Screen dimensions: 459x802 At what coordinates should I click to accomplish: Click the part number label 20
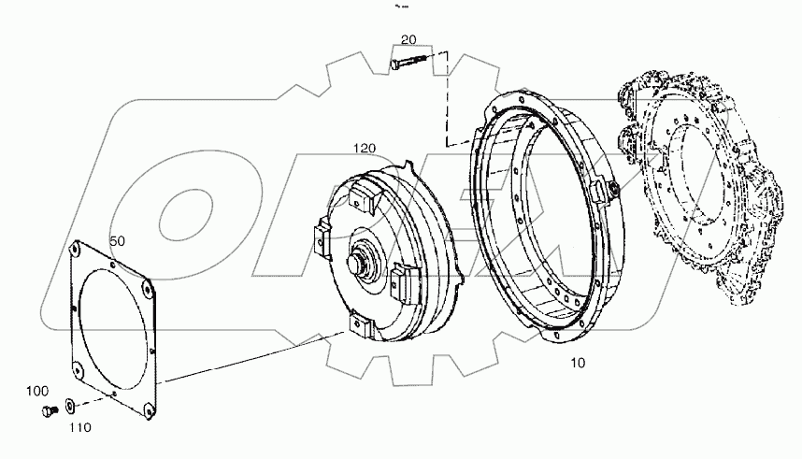408,39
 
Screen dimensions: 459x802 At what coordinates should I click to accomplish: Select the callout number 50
118,241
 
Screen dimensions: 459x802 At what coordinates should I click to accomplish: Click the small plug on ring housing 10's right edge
612,191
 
